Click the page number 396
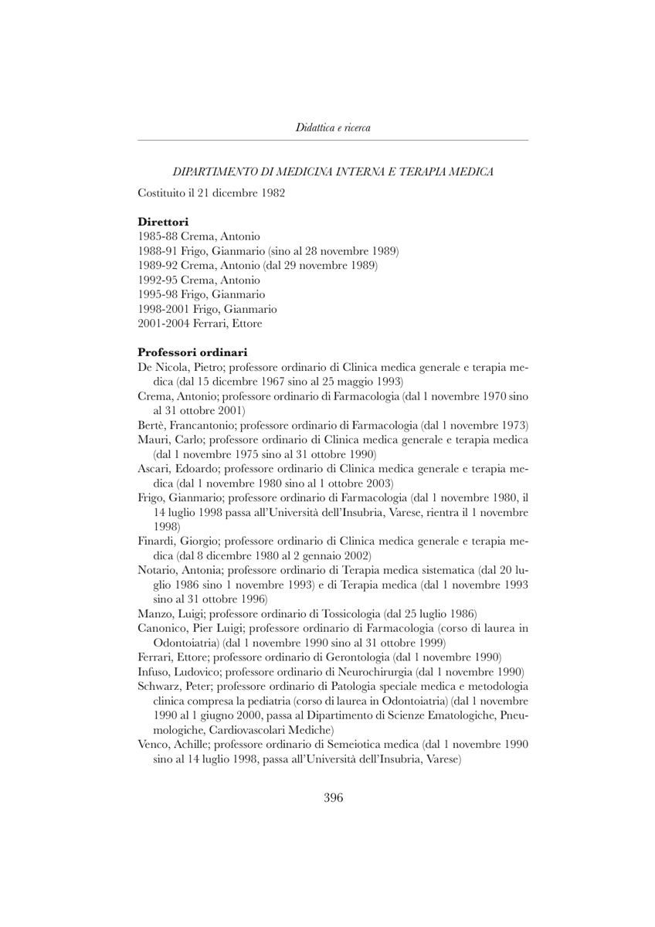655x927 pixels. point(333,798)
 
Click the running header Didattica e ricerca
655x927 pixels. point(333,127)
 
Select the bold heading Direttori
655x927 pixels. point(163,222)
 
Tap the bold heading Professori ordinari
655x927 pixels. point(192,352)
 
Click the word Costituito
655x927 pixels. point(162,192)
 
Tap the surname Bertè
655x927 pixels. point(152,425)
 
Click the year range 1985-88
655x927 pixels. point(158,236)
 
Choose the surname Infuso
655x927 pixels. point(154,671)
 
